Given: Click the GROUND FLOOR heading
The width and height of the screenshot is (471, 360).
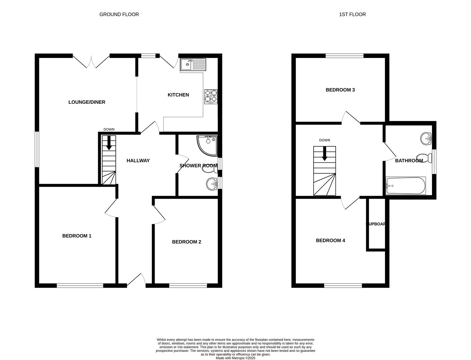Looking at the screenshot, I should tap(119, 14).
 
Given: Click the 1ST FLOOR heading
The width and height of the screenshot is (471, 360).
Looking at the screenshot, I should tap(352, 14).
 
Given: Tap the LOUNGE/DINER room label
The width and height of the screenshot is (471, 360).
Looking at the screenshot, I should tap(87, 102).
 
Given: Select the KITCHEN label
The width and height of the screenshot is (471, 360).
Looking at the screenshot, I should tap(178, 95).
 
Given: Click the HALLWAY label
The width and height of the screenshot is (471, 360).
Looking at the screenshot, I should tap(138, 161).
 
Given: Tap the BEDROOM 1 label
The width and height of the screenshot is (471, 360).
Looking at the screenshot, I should tap(77, 236).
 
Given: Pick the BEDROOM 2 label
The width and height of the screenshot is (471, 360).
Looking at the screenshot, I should tap(186, 242).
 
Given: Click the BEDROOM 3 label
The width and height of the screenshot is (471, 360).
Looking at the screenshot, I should tap(340, 90).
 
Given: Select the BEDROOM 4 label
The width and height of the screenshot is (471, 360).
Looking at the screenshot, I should tap(330, 241).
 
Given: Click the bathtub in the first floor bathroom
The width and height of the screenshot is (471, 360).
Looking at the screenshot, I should tap(405, 186).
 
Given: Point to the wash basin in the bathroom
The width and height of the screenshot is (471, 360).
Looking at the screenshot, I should tap(426, 138).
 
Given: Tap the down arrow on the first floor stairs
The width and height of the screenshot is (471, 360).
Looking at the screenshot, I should tap(324, 154).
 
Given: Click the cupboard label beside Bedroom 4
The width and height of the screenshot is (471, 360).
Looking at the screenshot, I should tap(376, 224).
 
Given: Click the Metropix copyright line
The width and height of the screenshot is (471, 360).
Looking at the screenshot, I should tap(235, 358).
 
